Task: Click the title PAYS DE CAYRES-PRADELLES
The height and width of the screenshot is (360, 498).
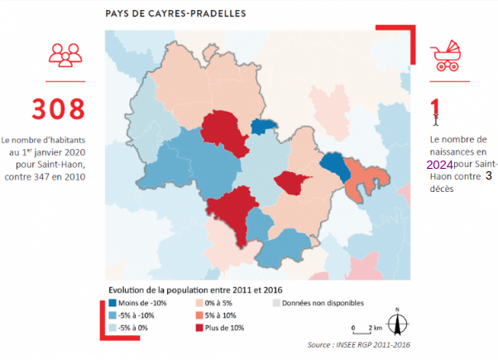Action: point(176,14)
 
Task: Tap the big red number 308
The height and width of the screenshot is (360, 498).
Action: point(59,108)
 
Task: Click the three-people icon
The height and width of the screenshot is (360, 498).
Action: point(65,55)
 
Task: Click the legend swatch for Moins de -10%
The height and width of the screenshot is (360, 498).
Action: point(114,304)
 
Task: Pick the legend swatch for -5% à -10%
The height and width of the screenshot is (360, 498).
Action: point(114,316)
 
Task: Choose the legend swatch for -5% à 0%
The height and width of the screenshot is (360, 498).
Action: point(114,329)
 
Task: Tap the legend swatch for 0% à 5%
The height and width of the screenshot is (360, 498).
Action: point(199,304)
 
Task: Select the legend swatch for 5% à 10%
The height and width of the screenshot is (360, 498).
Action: point(199,316)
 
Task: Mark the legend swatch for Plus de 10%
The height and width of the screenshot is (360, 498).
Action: point(199,329)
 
